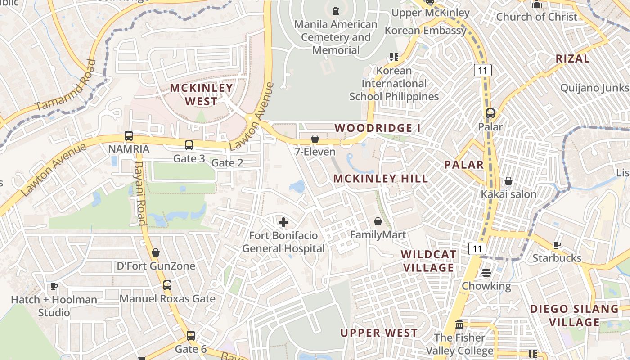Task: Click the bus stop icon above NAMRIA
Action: pyautogui.click(x=129, y=135)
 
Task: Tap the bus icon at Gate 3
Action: pyautogui.click(x=189, y=145)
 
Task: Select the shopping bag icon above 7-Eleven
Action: pyautogui.click(x=315, y=139)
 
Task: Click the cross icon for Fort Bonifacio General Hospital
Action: pyautogui.click(x=283, y=222)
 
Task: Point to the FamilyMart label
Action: pyautogui.click(x=378, y=234)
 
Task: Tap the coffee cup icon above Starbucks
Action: pyautogui.click(x=557, y=245)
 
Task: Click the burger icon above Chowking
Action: pyautogui.click(x=486, y=273)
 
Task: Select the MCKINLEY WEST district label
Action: pyautogui.click(x=201, y=94)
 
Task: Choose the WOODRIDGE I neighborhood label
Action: pyautogui.click(x=378, y=128)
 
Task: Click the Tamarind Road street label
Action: pyautogui.click(x=67, y=86)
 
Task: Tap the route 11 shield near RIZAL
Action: pyautogui.click(x=482, y=70)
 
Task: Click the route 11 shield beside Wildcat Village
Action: pyautogui.click(x=477, y=248)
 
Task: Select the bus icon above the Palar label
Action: pyautogui.click(x=490, y=113)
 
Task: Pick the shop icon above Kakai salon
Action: pyautogui.click(x=508, y=181)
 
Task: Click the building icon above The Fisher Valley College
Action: pyautogui.click(x=459, y=324)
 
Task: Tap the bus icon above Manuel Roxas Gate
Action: pyautogui.click(x=167, y=285)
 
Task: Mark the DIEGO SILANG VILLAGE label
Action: pyautogui.click(x=574, y=315)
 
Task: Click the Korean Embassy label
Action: pyautogui.click(x=425, y=31)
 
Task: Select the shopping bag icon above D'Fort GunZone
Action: pyautogui.click(x=156, y=253)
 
